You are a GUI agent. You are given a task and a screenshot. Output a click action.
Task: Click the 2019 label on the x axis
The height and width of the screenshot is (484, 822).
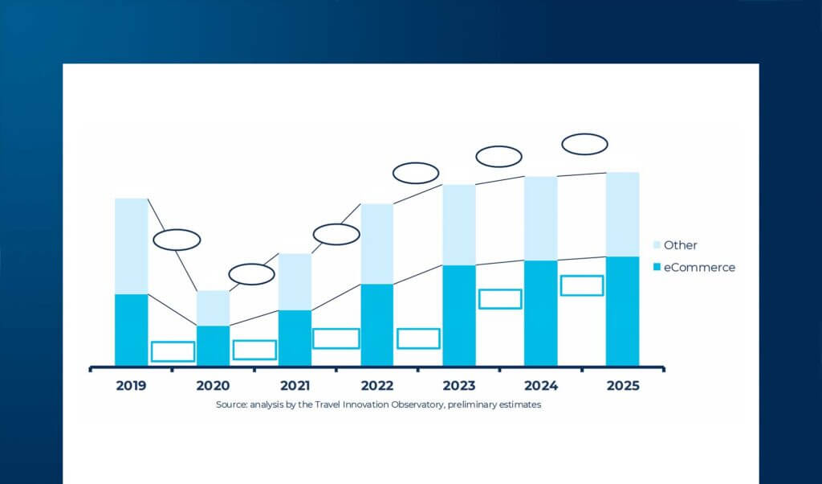(131, 386)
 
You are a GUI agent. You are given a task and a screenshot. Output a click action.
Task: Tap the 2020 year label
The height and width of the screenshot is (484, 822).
(213, 386)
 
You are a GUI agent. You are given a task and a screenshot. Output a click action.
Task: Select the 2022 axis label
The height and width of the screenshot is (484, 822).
(376, 386)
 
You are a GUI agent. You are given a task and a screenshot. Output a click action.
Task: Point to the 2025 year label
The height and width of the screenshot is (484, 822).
(623, 386)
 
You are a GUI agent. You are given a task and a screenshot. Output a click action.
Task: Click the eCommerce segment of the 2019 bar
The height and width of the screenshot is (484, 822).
(131, 330)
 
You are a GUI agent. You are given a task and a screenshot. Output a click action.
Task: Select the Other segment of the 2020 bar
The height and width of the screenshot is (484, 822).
(213, 308)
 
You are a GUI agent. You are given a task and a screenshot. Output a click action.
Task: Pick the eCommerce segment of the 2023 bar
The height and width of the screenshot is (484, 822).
(458, 315)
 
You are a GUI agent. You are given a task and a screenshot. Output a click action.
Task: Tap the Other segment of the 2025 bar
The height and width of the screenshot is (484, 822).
(622, 214)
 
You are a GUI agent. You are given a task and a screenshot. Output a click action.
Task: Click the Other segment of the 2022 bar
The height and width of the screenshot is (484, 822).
(376, 244)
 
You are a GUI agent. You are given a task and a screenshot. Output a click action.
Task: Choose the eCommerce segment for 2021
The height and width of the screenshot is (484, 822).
(295, 338)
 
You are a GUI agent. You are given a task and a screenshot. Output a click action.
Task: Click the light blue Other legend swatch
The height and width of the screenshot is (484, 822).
(657, 245)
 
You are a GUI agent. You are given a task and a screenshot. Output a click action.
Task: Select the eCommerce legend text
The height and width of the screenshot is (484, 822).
(699, 268)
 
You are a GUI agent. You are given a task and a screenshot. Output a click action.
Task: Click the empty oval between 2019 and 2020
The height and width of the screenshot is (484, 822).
(177, 240)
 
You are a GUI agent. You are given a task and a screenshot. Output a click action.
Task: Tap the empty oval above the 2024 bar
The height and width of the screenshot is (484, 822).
(584, 144)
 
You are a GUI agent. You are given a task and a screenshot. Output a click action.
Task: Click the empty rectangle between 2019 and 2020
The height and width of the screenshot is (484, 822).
(173, 351)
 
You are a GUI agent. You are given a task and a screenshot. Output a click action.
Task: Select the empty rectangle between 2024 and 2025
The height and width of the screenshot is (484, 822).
(582, 285)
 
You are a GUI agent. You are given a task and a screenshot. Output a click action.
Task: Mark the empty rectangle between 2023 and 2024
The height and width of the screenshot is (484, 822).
(500, 298)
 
